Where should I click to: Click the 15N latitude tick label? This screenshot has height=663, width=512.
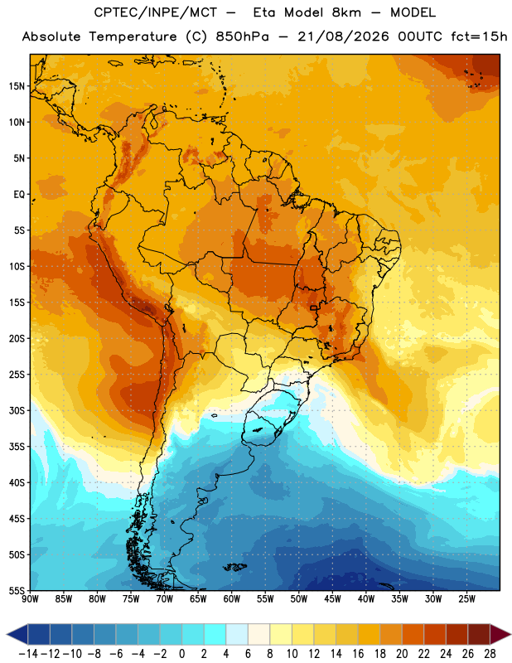tap(17, 86)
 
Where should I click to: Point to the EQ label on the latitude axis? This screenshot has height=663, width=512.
tap(19, 195)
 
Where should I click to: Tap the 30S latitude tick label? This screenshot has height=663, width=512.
tap(17, 411)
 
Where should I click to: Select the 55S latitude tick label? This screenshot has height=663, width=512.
tap(17, 591)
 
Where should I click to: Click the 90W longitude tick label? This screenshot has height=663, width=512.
tap(30, 599)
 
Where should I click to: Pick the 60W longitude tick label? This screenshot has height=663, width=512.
tap(232, 599)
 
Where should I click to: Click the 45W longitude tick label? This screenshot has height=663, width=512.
tap(332, 599)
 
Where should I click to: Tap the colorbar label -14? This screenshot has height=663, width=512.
tap(28, 654)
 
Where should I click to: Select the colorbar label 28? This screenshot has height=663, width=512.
tap(490, 654)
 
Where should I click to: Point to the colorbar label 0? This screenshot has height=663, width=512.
tap(181, 654)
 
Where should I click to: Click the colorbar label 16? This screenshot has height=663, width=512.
tap(358, 654)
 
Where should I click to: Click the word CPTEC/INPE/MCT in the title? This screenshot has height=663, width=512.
tap(155, 12)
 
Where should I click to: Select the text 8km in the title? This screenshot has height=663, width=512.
tap(346, 12)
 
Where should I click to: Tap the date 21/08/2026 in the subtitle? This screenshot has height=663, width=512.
tap(343, 36)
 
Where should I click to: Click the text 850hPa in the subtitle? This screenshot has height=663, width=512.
tap(242, 36)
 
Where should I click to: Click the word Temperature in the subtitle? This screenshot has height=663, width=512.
tap(133, 36)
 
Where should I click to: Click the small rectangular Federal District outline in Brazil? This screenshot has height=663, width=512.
tap(314, 307)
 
